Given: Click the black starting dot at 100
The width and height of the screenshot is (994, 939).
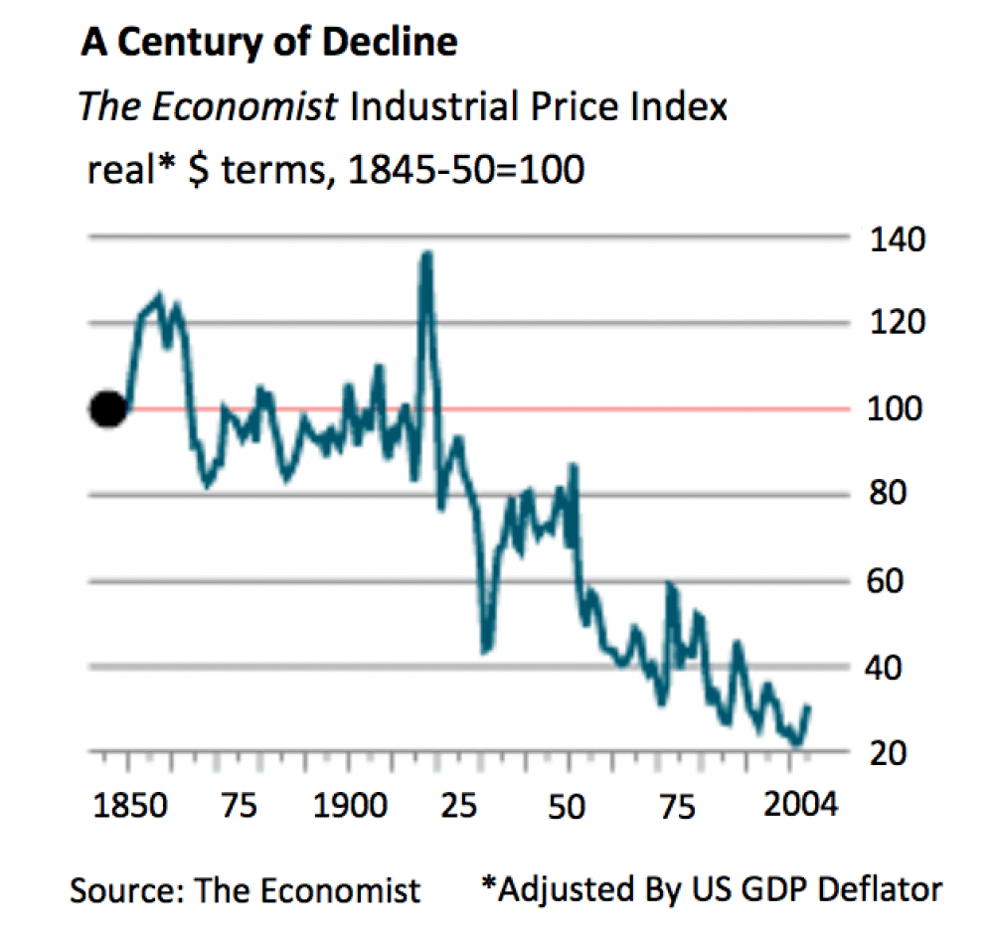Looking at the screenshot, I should pyautogui.click(x=108, y=408).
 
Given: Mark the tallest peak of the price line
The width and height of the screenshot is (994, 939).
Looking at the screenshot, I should pyautogui.click(x=426, y=255).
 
